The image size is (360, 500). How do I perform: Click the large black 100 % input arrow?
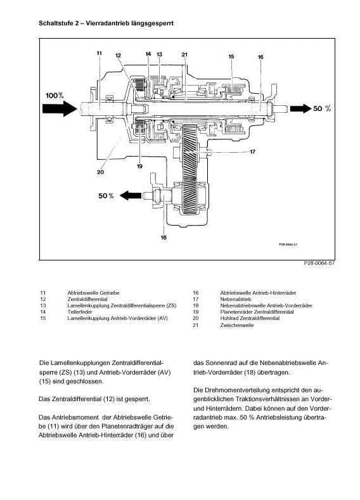[60, 108]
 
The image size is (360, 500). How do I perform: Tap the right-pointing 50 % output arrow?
[300, 108]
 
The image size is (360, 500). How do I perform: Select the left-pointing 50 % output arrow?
[131, 195]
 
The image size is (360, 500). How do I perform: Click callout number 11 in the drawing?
[99, 53]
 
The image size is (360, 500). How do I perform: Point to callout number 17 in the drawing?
[252, 151]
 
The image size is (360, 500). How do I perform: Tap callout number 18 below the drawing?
[164, 237]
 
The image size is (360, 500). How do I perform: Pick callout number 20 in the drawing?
[100, 172]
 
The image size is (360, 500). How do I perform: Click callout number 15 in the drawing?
[231, 56]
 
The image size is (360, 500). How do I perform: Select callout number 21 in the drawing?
[184, 54]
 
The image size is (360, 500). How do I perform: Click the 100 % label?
[55, 95]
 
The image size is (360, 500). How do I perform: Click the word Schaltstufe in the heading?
[55, 23]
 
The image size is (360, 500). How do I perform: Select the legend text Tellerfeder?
[80, 312]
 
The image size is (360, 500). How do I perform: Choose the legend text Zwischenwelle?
[237, 325]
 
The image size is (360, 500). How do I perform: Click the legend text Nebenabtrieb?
[236, 299]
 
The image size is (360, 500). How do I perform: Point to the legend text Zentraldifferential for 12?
[87, 299]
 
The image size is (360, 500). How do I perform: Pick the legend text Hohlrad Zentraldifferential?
[250, 318]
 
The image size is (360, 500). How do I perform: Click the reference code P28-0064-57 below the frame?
[319, 263]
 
